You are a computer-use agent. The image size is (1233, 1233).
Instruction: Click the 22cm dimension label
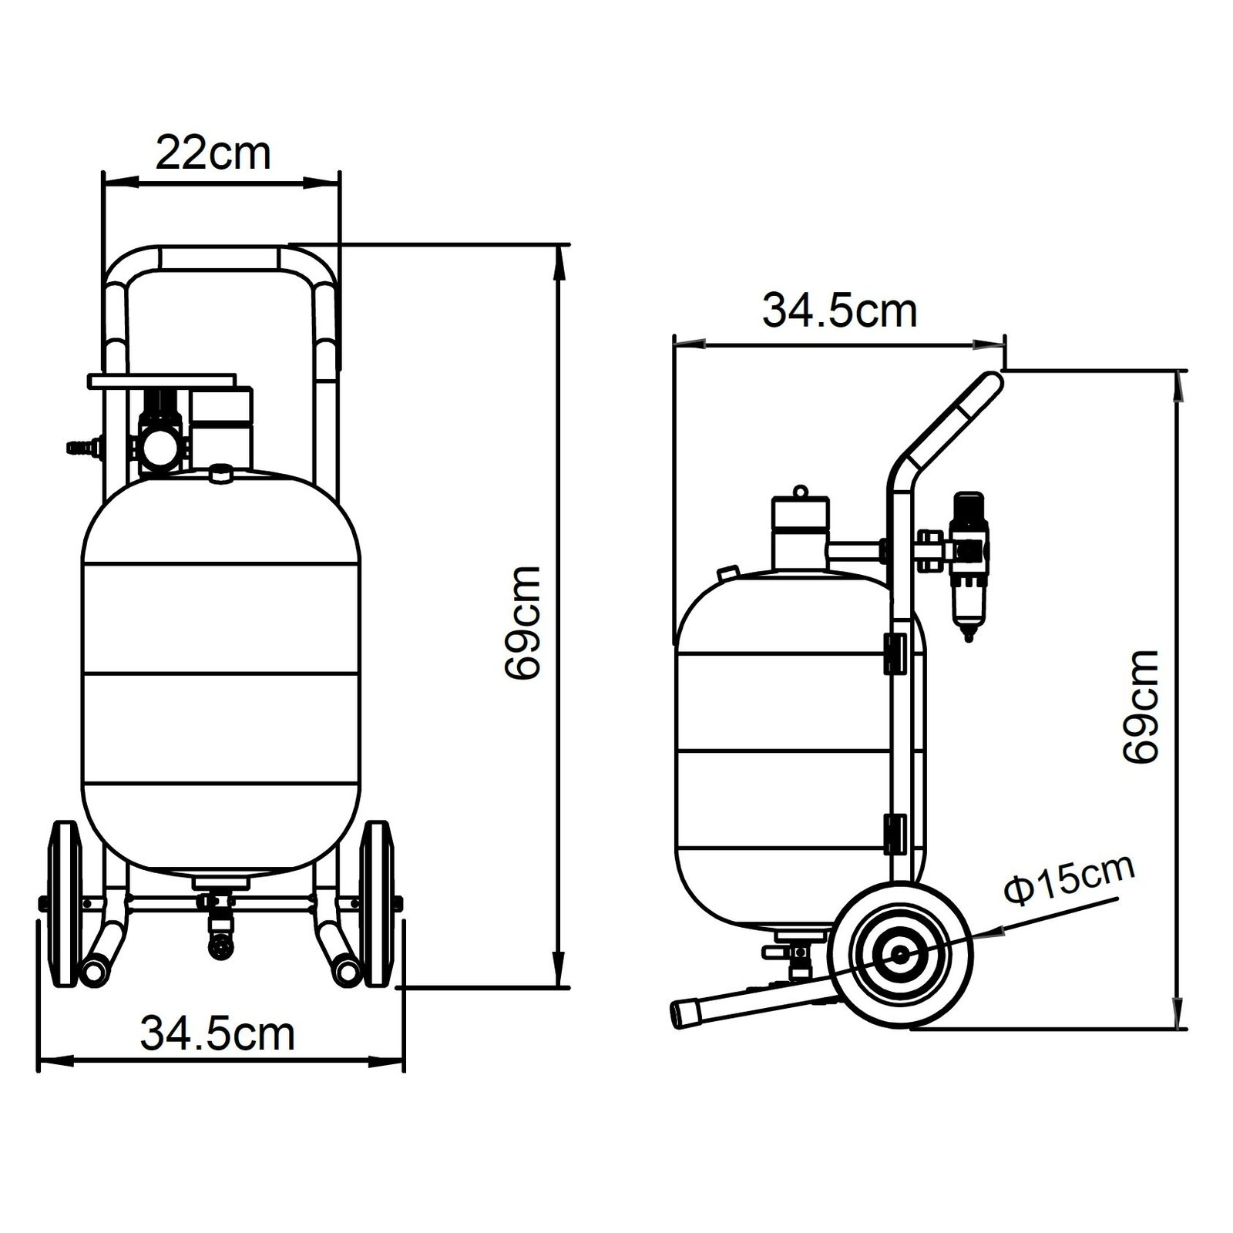(213, 153)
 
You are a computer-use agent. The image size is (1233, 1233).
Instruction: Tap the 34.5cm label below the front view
(217, 1034)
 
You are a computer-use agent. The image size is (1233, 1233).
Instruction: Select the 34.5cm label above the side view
(840, 311)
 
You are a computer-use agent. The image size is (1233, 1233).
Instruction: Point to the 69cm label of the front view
(523, 623)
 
